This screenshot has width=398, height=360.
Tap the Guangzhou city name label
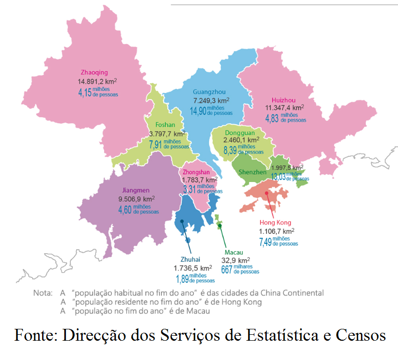click(210, 91)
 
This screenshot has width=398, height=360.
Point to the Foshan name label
click(165, 125)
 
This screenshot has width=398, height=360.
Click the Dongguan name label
click(240, 133)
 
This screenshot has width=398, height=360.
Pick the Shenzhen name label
click(252, 172)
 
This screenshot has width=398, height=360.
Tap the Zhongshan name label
click(196, 172)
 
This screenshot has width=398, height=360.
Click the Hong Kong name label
click(276, 223)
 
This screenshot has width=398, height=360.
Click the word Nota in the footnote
click(43, 293)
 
